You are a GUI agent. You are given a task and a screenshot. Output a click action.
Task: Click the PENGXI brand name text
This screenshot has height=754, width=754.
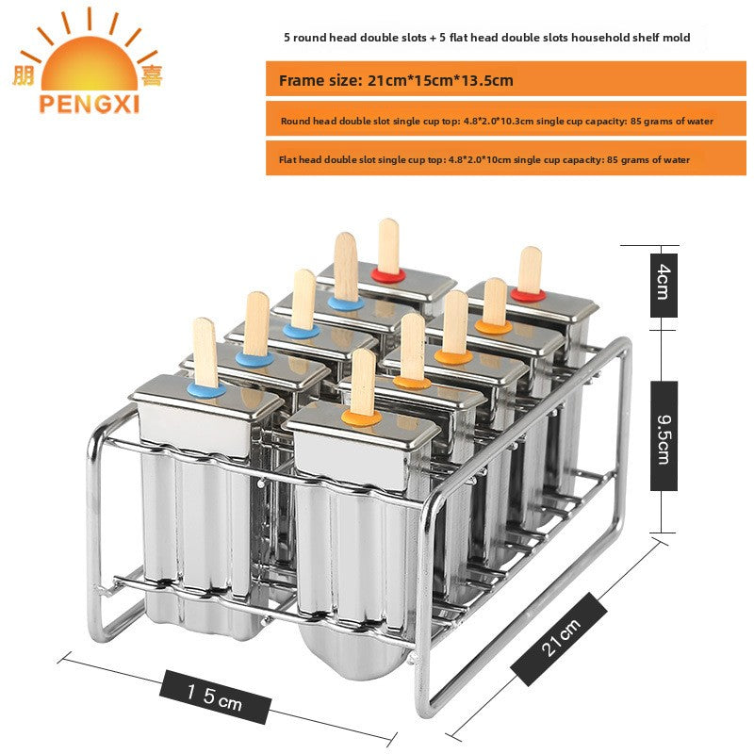89,104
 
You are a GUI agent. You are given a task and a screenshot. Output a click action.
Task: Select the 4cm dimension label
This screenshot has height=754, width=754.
664,286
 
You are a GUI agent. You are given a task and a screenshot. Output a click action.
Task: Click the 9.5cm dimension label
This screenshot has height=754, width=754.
664,435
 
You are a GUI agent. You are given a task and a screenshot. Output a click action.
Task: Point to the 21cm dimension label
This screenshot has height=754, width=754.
559,639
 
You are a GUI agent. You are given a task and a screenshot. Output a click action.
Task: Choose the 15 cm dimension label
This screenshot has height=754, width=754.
215,697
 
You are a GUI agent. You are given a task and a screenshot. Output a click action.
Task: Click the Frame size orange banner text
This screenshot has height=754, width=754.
396,80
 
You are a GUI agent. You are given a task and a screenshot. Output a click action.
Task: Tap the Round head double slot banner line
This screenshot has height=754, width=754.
497,122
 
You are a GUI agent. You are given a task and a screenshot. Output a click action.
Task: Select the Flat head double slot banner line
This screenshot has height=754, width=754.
484,159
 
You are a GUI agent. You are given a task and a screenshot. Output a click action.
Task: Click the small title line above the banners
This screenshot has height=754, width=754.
486,38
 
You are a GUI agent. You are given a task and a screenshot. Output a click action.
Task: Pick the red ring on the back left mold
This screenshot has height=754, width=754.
387,275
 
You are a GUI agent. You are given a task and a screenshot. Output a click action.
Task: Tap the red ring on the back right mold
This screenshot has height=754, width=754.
528,295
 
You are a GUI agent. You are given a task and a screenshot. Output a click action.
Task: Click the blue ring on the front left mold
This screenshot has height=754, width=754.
206,389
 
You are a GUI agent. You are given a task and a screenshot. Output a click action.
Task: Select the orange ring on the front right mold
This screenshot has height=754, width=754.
362,418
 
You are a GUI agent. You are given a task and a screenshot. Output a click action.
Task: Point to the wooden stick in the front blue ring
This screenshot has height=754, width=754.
205,352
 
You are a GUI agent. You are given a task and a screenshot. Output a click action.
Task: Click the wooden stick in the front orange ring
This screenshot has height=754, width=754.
363,382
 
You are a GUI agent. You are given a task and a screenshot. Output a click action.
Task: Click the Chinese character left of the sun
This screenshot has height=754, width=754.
24,75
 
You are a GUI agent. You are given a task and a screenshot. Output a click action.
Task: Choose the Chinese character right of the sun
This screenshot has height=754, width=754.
152,75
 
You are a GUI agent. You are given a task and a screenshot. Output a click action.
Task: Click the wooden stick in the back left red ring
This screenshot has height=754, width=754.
388,246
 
